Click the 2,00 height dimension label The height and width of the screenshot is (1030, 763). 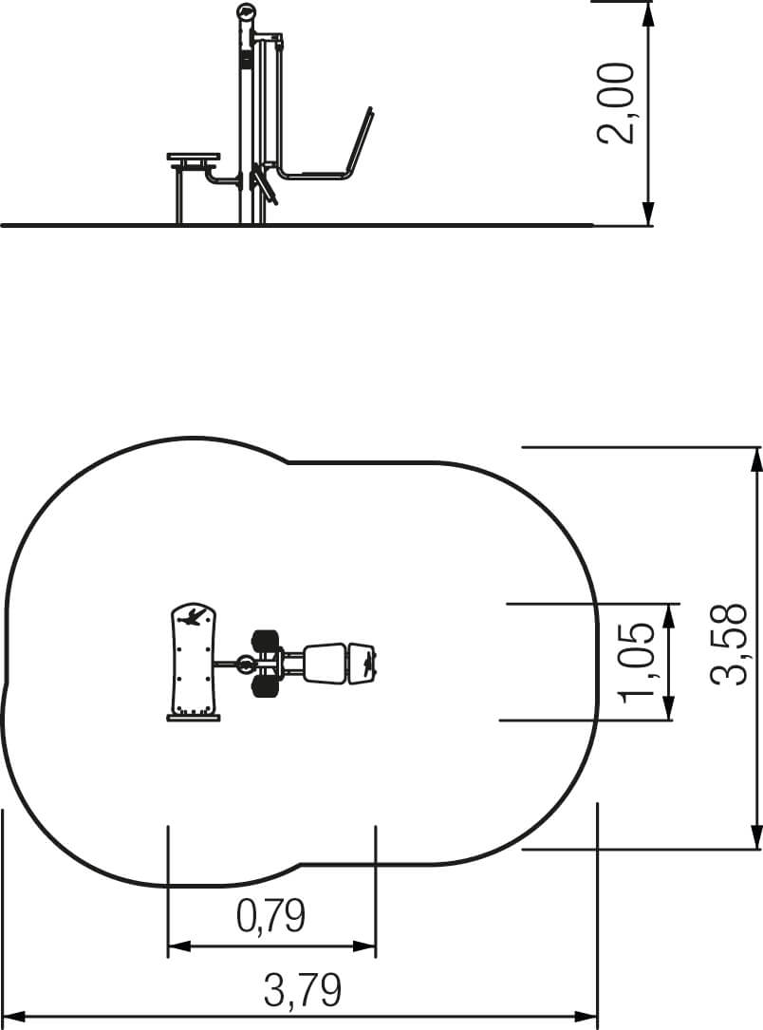[616, 103]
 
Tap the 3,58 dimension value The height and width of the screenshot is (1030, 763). [728, 645]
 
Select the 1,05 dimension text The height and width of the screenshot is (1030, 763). [638, 661]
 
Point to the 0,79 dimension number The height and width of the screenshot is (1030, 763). [271, 916]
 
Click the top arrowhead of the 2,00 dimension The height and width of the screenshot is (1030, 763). [648, 14]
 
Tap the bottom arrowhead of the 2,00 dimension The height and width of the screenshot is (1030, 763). [648, 213]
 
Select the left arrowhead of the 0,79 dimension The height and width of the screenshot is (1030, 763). [179, 946]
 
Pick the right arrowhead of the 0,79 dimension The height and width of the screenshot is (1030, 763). [364, 946]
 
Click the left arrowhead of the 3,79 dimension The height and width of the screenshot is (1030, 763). [15, 1016]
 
